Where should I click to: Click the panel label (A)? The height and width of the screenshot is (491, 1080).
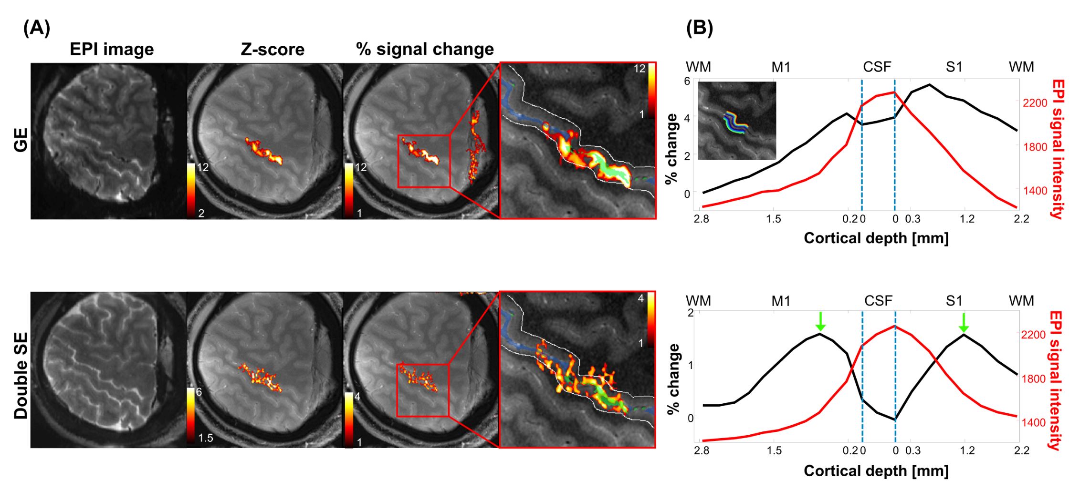(36, 29)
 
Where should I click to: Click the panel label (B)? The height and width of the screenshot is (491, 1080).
(699, 29)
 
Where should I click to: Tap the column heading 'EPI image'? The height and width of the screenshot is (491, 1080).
(112, 50)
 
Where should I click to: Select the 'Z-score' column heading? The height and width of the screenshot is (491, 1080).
(273, 50)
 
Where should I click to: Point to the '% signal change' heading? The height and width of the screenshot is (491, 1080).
(425, 50)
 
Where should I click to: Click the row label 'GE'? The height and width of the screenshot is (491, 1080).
(21, 140)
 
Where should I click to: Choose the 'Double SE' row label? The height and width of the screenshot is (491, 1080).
(21, 376)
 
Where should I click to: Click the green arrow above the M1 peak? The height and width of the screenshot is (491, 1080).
(820, 321)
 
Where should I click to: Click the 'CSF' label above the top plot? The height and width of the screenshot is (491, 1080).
(877, 67)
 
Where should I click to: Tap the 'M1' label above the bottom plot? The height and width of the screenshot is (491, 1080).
(781, 301)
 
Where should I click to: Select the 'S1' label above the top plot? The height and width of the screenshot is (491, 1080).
(954, 67)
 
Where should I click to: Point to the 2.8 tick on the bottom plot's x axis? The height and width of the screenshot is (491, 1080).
(702, 450)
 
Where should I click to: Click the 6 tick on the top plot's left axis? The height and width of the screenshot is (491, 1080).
(687, 81)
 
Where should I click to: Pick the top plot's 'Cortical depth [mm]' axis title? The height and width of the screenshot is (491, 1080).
(876, 238)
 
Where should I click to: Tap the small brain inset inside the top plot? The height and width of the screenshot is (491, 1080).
(737, 121)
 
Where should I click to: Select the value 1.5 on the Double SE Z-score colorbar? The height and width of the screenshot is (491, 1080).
(206, 438)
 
